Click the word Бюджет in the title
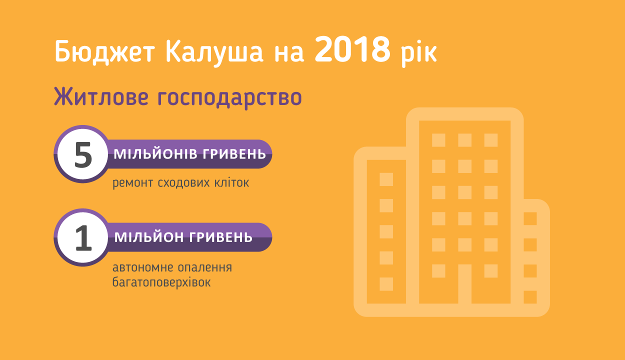pyautogui.click(x=104, y=52)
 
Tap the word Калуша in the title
pyautogui.click(x=214, y=52)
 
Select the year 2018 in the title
pyautogui.click(x=352, y=49)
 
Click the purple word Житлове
pyautogui.click(x=101, y=96)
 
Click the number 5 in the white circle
pyautogui.click(x=83, y=154)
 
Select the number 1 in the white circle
pyautogui.click(x=83, y=238)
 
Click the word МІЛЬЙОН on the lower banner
pyautogui.click(x=149, y=237)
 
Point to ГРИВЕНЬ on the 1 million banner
pyautogui.click(x=221, y=237)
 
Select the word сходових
pyautogui.click(x=183, y=183)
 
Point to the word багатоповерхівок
pyautogui.click(x=161, y=282)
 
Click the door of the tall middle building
pyautogui.click(x=465, y=284)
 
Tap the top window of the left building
pyautogui.click(x=386, y=179)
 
